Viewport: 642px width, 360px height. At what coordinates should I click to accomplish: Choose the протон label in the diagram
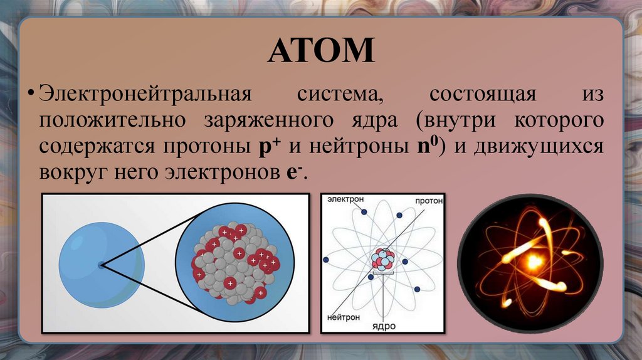coord(428,201)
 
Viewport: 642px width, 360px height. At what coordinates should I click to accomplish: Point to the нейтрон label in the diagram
coord(342,317)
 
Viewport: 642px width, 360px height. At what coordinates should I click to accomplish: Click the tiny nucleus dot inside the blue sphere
coord(101,265)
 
